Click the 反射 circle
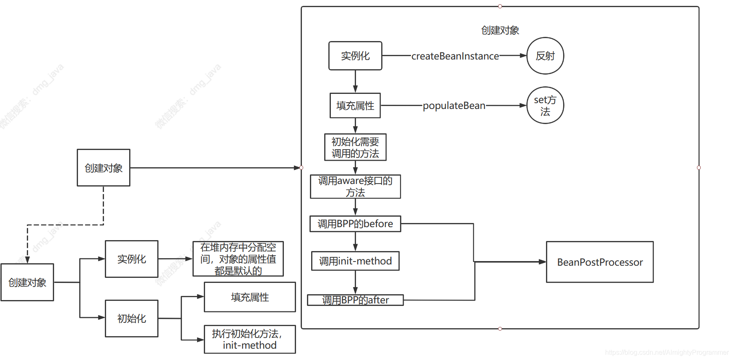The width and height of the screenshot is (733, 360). tap(545, 56)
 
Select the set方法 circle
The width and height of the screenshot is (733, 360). tap(545, 106)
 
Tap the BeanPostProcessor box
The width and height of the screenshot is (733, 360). tap(599, 262)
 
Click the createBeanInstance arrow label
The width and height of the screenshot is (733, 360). tap(455, 56)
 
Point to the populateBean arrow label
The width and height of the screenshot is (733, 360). tap(454, 106)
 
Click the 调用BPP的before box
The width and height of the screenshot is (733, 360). tap(355, 224)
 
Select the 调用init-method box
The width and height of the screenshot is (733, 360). tap(355, 261)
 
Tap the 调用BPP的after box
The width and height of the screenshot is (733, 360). tap(355, 300)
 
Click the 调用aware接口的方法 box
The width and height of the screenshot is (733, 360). tap(355, 186)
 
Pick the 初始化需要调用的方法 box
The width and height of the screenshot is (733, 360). tap(355, 148)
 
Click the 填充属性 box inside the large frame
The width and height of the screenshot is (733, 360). tap(355, 106)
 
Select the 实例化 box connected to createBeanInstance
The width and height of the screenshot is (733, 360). tap(355, 56)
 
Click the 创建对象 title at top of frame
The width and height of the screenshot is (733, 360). tap(500, 30)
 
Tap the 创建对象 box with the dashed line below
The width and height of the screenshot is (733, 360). tap(104, 168)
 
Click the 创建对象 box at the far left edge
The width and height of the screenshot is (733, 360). tap(27, 282)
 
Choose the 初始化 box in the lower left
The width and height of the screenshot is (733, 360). tap(132, 319)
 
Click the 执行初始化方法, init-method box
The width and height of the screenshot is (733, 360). tap(250, 339)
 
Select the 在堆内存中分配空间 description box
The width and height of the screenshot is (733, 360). tap(238, 259)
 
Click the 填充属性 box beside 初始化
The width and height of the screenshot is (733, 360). tap(250, 297)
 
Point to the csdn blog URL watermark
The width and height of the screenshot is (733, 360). tap(667, 352)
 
